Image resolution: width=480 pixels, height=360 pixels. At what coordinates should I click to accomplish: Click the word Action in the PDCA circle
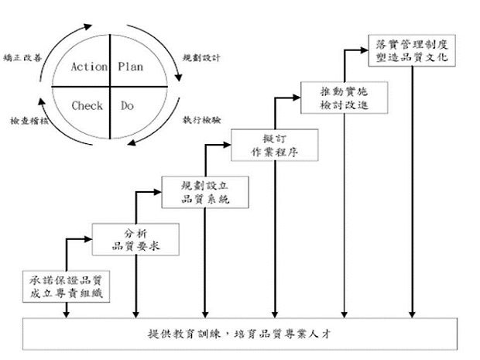(x=88, y=67)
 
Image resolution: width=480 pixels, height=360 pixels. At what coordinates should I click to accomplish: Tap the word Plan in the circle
(x=130, y=67)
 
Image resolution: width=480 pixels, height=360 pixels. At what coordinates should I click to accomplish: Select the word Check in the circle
(x=87, y=105)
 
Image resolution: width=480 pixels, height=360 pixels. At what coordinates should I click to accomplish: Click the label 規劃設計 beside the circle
(x=199, y=57)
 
